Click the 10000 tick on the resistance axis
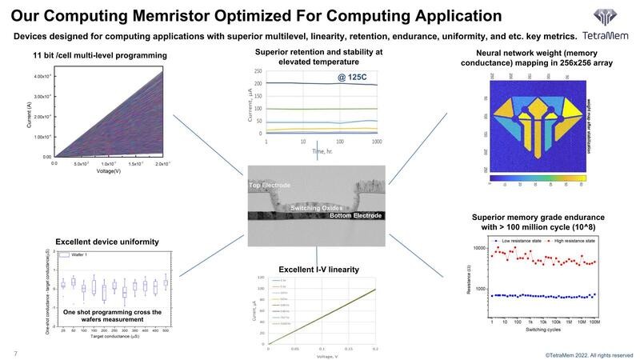[478, 248]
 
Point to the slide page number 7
[15, 353]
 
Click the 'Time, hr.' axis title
[321, 150]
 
